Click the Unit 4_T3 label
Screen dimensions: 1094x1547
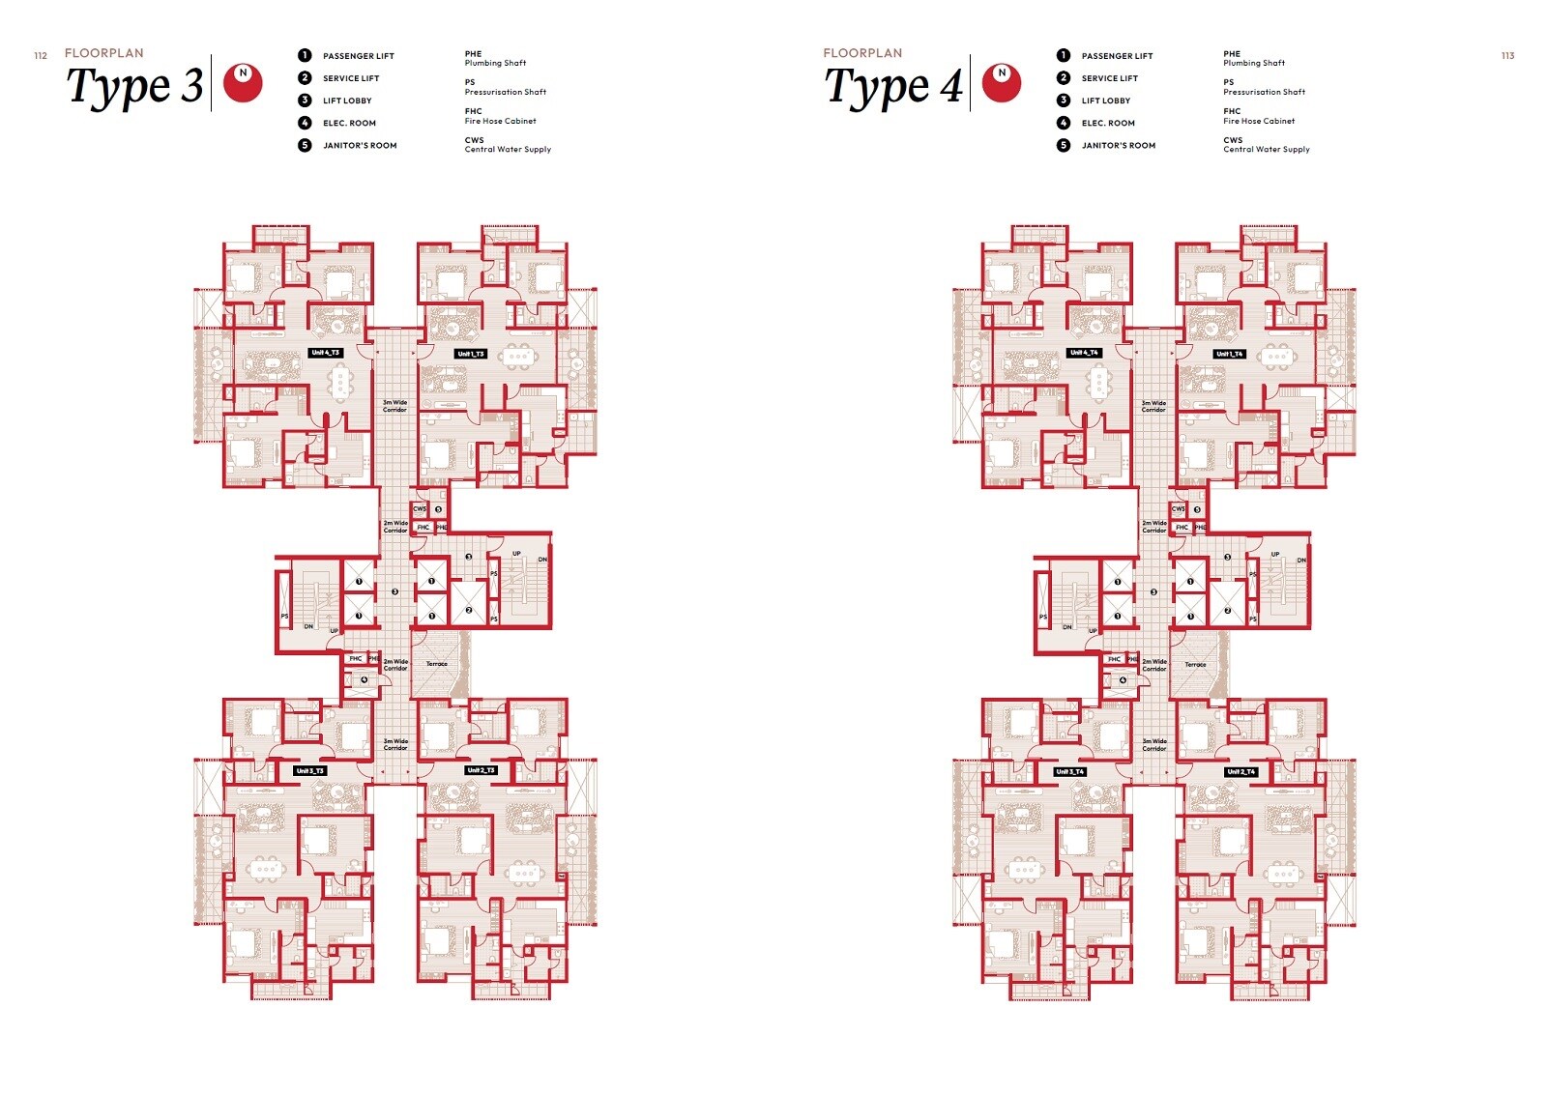[x=326, y=353]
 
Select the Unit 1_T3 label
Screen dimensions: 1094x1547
[x=471, y=354]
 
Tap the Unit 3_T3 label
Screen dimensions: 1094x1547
[x=310, y=771]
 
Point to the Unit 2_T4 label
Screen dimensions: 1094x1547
[x=1241, y=771]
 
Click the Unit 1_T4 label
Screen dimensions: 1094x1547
[x=1230, y=354]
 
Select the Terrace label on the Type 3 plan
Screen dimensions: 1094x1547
[x=437, y=664]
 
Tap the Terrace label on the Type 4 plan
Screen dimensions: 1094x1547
[x=1196, y=664]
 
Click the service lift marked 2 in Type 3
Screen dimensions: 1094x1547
[x=469, y=610]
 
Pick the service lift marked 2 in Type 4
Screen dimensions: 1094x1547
[x=1228, y=610]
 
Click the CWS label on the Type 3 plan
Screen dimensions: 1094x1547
[x=420, y=508]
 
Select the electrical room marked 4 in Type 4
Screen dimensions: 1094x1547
[x=1123, y=679]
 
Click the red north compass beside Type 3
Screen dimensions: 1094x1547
[x=243, y=83]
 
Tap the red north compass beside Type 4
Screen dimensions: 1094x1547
[x=1002, y=83]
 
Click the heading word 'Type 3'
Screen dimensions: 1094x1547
[x=135, y=87]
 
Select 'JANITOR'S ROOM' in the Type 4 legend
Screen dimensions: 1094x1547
[x=1118, y=145]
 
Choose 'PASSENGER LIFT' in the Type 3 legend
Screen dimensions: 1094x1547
[x=358, y=56]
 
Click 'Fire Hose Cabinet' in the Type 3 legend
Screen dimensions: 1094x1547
[x=500, y=121]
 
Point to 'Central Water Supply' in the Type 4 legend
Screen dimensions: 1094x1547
[x=1266, y=150]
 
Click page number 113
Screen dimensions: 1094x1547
[x=1507, y=56]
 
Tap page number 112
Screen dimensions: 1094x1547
[x=41, y=56]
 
